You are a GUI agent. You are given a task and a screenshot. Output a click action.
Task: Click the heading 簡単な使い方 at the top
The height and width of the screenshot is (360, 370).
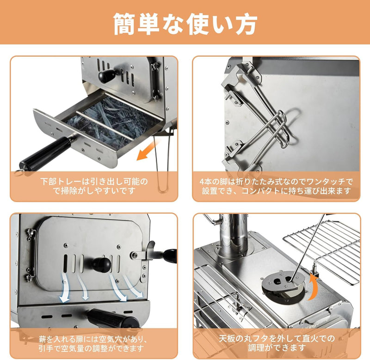(x=185, y=23)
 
